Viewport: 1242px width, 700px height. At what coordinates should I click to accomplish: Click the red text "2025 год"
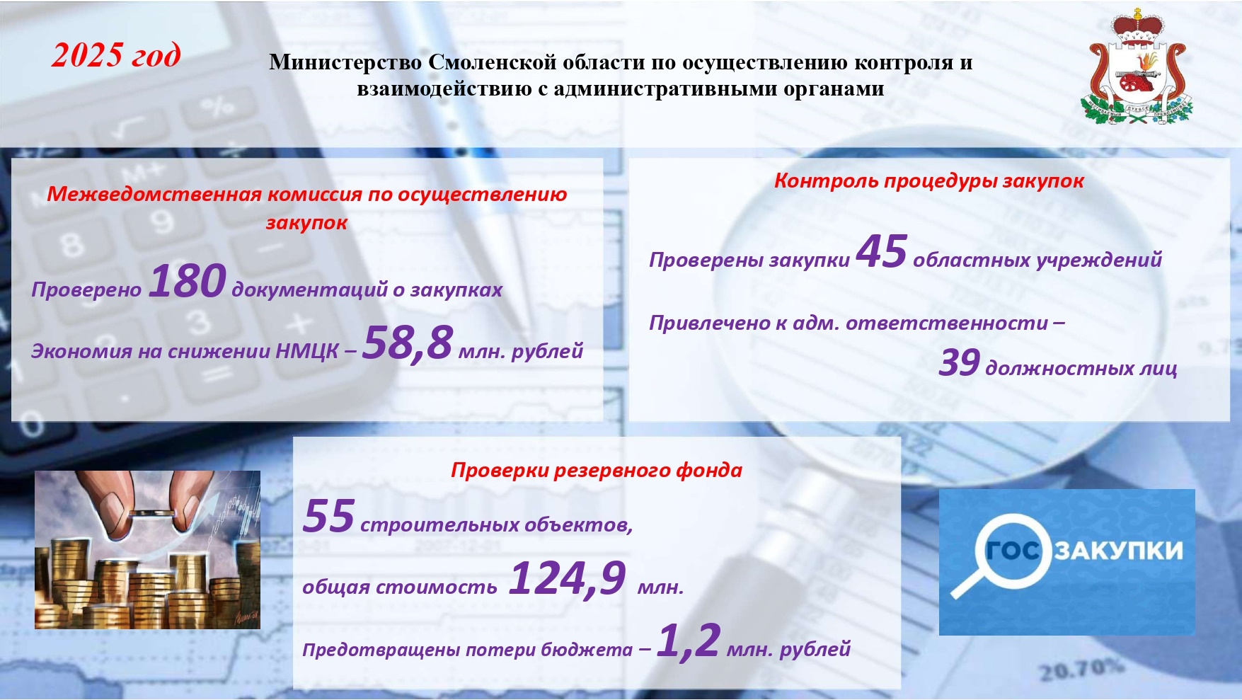116,55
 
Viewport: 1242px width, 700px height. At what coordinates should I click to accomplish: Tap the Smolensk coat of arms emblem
1137,67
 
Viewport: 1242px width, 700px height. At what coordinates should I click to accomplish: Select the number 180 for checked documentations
188,281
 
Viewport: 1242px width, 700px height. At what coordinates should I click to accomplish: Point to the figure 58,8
408,343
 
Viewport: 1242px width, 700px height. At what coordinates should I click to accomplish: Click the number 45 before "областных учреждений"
882,251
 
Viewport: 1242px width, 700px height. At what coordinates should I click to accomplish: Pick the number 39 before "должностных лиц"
960,363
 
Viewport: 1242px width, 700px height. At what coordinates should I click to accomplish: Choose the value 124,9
568,578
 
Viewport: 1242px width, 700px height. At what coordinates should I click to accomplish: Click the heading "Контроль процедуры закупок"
928,181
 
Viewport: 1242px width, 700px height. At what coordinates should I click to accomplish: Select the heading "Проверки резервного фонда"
597,471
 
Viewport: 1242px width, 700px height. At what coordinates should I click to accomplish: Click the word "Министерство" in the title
345,62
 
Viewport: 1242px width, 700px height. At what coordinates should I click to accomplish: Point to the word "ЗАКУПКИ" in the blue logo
1118,551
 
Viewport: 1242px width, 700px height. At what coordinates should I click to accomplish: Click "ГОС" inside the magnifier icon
1013,550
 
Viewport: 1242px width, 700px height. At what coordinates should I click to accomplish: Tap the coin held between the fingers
151,515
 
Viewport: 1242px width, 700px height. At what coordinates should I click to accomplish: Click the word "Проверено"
86,289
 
